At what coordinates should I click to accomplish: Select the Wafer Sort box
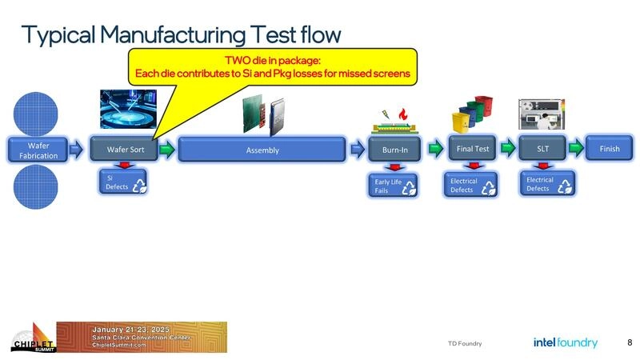coord(126,150)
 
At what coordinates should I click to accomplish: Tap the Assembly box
coord(262,150)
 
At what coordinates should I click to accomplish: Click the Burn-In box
coord(394,150)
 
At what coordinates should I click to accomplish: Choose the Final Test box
coord(473,148)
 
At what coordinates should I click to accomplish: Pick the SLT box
coord(542,148)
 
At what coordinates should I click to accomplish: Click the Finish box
coord(610,148)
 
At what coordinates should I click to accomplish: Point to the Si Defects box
coord(123,182)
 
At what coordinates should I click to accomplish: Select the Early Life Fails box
coord(394,186)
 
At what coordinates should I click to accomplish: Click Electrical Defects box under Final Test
coord(470,186)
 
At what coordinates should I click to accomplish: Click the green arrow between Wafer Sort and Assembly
coord(166,149)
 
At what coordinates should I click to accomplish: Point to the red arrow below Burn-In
coord(394,167)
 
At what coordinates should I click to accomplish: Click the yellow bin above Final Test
coord(462,120)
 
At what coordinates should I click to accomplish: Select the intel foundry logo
coord(565,342)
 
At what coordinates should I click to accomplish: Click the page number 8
coord(630,342)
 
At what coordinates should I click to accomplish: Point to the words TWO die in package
coord(272,60)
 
